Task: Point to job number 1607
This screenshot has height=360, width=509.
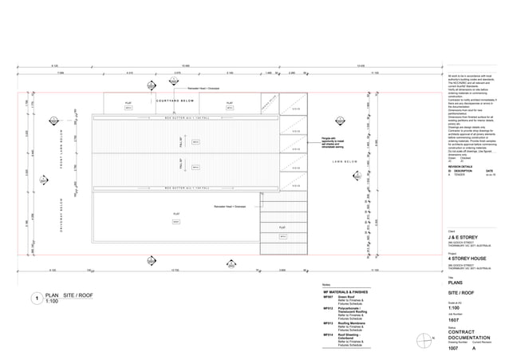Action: click(456, 319)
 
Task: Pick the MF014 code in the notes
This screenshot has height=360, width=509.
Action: click(328, 334)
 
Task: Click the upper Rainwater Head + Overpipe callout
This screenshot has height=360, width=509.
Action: click(203, 89)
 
